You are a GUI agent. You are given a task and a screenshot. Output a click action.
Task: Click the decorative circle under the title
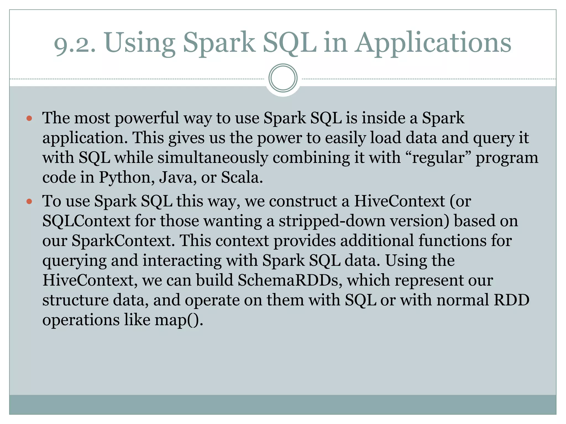(283, 78)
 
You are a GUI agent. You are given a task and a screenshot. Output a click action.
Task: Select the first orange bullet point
(29, 119)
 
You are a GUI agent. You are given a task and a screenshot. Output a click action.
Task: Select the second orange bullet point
(29, 202)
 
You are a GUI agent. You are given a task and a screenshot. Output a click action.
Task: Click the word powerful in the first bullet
(147, 118)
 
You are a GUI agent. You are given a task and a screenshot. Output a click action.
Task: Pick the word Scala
(241, 177)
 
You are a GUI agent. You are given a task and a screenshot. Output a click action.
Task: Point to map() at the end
(179, 320)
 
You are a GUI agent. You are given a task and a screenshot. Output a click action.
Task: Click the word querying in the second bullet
(74, 261)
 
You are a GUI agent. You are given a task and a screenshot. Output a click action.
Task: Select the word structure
(75, 300)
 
